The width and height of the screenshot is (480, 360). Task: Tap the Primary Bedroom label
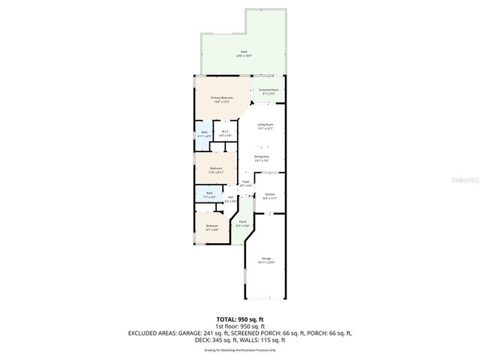pos(223,99)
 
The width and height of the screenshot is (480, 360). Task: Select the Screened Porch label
pos(268,91)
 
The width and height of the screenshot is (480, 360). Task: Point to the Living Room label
pos(265,126)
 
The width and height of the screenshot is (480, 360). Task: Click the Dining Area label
pos(261,157)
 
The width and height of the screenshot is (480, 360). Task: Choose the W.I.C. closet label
pos(224,133)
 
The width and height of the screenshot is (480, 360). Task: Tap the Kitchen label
pos(270,196)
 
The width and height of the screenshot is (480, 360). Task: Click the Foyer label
pos(245,183)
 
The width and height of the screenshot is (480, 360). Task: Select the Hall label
pos(230,199)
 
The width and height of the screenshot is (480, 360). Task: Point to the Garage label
pos(265,259)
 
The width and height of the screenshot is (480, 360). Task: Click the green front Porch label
pos(241,223)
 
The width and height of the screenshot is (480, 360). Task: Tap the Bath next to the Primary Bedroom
pos(204,134)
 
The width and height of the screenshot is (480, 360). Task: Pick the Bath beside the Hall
pos(209,194)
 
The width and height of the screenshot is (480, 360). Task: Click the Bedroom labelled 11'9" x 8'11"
pos(216,169)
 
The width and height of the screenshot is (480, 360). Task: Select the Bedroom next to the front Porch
pos(212,227)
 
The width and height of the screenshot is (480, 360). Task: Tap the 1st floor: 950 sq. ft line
pos(240,326)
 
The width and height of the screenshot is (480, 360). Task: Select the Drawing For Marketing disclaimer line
pos(240,349)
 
